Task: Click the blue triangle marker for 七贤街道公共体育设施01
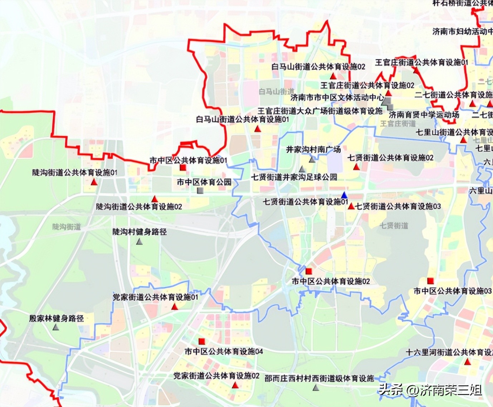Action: click(344, 195)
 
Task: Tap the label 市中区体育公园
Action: click(204, 182)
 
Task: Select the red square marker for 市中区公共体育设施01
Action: click(183, 168)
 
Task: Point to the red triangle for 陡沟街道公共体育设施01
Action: click(94, 182)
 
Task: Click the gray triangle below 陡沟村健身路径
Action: click(139, 242)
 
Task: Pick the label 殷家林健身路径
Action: click(57, 318)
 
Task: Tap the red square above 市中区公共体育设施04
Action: click(202, 341)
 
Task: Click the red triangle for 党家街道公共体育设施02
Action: click(235, 385)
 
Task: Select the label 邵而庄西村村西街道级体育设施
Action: click(319, 378)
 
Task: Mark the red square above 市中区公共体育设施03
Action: click(430, 281)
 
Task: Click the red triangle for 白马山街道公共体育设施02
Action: click(333, 76)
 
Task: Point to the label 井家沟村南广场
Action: click(313, 149)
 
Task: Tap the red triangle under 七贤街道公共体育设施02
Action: click(356, 167)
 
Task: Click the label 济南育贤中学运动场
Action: click(424, 115)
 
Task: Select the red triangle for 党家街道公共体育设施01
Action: click(175, 307)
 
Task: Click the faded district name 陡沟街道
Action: click(67, 227)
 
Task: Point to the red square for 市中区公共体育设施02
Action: click(309, 271)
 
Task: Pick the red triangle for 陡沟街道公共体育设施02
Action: click(155, 198)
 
